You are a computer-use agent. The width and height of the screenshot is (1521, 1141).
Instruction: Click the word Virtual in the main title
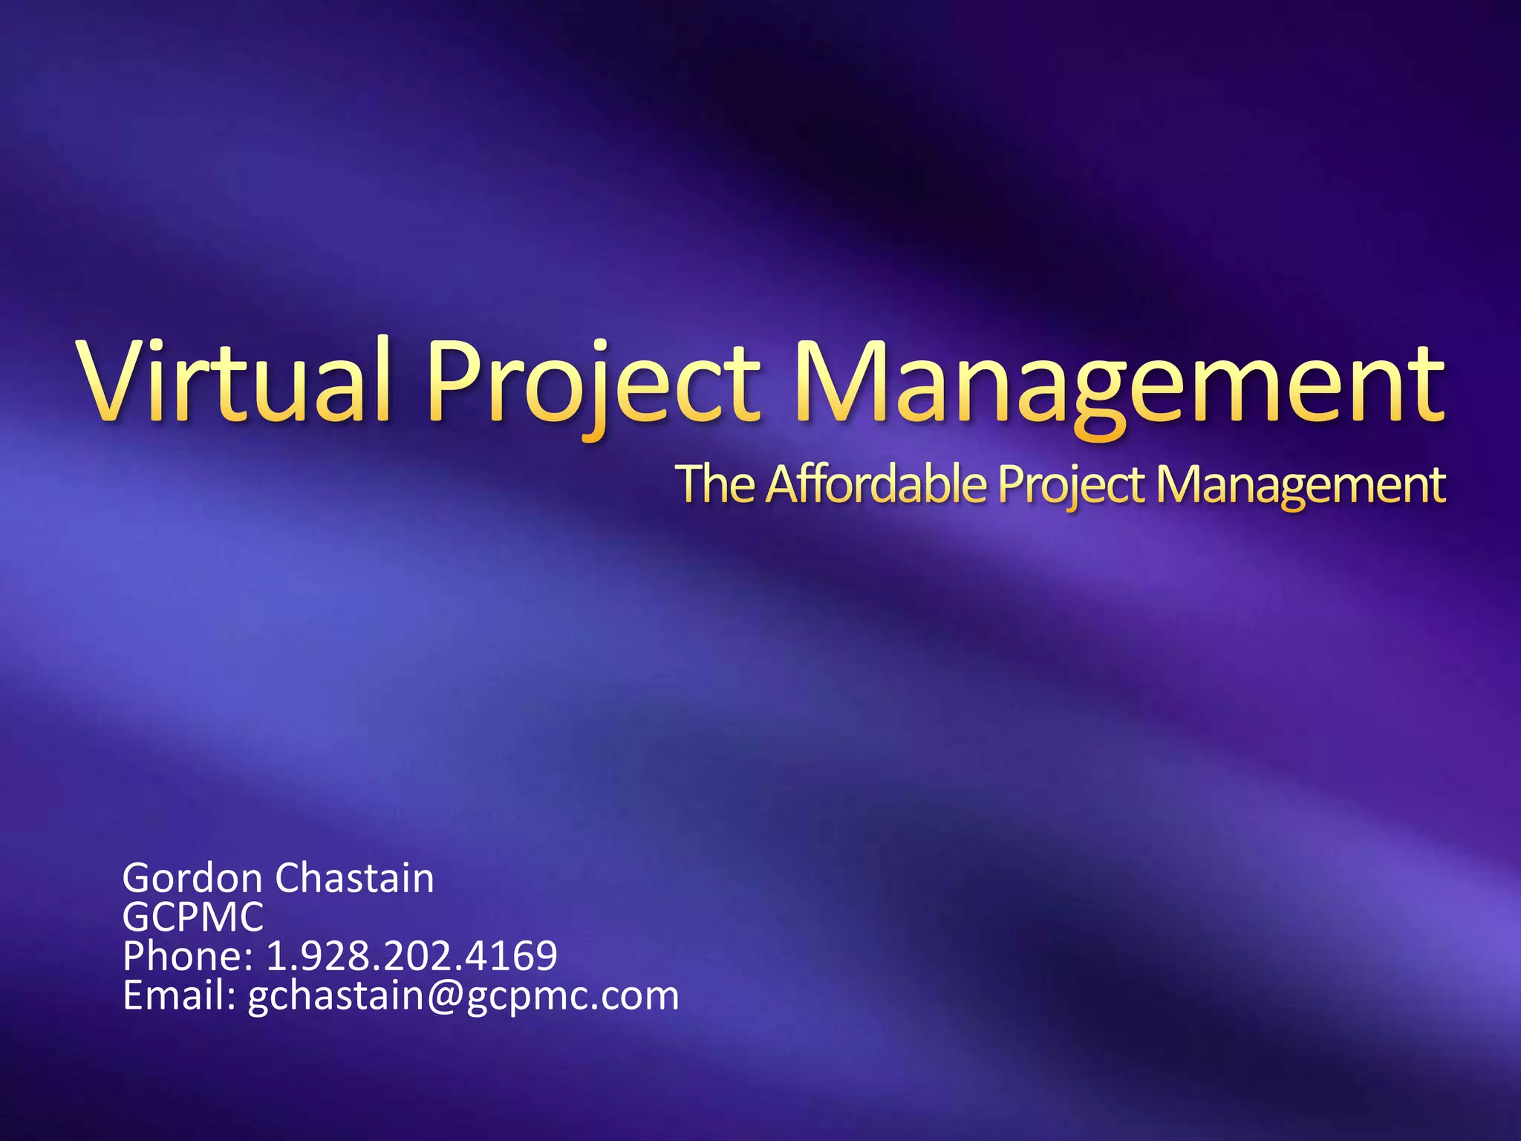coord(235,380)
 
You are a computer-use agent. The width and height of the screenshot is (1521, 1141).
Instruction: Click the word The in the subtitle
coord(717,484)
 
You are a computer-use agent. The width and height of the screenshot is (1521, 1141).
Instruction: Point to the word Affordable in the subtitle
coord(876,484)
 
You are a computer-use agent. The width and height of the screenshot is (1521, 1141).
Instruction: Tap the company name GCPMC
coord(192,917)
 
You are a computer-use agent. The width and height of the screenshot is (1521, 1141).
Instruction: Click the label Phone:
coord(188,957)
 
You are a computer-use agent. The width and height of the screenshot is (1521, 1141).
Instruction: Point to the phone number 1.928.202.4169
coord(411,957)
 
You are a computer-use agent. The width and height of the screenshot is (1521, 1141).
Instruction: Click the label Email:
coord(179,996)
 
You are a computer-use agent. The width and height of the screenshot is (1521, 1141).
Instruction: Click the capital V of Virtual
coord(119,380)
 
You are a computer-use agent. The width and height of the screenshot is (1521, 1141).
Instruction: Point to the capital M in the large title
coord(839,380)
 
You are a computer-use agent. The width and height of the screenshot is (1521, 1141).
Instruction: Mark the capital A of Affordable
coord(786,484)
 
